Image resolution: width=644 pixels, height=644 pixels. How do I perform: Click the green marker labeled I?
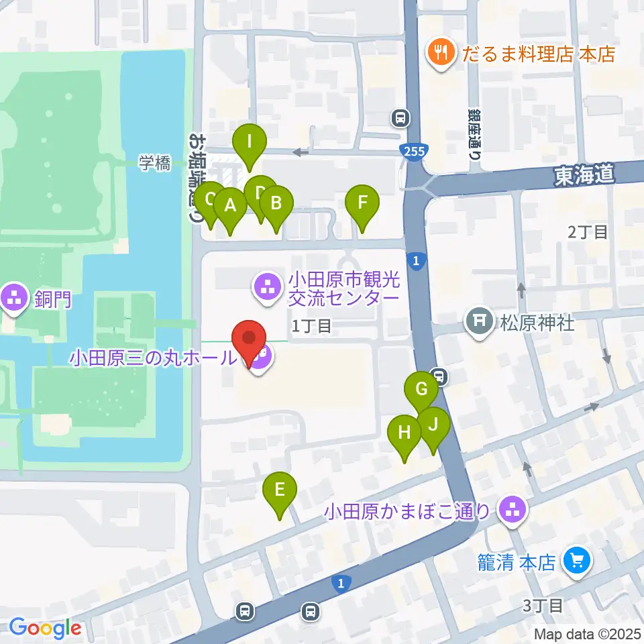249,143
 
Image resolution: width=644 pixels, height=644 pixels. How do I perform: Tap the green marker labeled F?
362,203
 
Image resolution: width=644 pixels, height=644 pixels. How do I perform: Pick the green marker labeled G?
421,390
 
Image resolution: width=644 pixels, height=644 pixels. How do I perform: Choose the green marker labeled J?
433,425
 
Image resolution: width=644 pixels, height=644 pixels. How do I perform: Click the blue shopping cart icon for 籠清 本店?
576,561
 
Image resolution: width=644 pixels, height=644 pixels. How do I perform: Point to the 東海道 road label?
584,176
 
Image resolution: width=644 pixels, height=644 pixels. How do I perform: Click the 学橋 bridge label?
155,163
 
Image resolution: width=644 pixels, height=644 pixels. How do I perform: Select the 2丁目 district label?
588,233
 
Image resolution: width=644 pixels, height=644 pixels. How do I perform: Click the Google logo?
46,628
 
